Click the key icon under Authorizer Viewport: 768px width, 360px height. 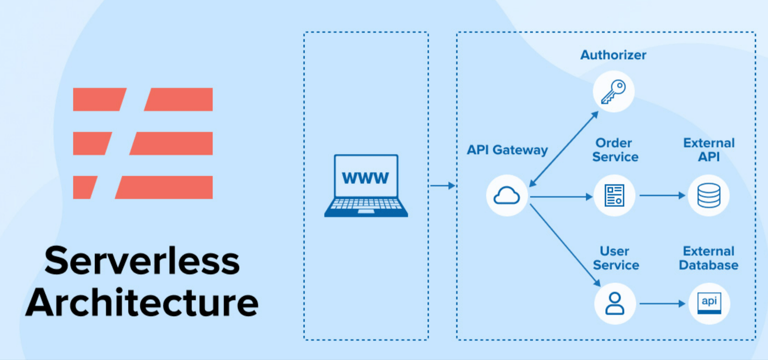coord(613,92)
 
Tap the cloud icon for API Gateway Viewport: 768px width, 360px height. coord(507,196)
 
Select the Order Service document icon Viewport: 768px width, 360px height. coord(614,196)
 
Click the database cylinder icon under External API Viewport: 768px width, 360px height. coord(708,196)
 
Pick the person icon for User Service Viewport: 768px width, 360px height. coord(615,303)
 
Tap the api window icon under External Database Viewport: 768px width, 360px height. coord(709,303)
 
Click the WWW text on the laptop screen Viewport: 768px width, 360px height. coord(365,178)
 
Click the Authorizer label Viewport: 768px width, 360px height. coord(613,55)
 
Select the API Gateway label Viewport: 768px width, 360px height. coord(507,150)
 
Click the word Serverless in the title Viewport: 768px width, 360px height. coord(142,261)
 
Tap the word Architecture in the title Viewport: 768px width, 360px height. coord(142,303)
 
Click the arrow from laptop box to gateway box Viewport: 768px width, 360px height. coord(442,185)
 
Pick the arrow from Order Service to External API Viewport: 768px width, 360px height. coord(662,195)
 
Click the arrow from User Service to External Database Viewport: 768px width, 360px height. coord(662,303)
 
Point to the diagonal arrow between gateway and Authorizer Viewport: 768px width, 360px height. coord(564,149)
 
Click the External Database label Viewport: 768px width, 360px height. coord(708,258)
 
